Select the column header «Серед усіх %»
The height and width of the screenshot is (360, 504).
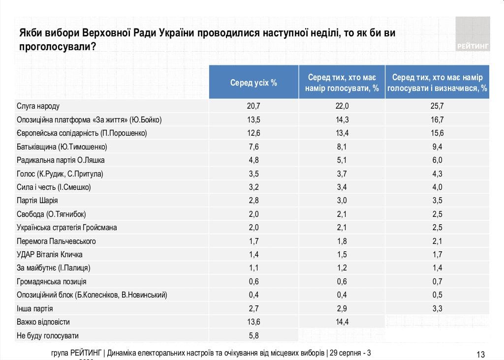point(253,83)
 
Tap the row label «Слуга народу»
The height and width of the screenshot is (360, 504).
point(38,106)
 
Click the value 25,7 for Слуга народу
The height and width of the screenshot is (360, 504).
point(437,106)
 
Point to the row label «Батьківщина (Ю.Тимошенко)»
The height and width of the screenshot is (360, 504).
point(62,147)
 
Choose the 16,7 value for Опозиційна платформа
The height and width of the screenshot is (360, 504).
point(437,120)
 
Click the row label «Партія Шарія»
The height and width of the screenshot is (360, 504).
point(37,201)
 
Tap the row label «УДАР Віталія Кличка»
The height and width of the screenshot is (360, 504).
point(50,254)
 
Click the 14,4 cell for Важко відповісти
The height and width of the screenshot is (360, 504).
point(342,322)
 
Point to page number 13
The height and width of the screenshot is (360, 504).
point(481,354)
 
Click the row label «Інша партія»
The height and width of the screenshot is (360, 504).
point(35,308)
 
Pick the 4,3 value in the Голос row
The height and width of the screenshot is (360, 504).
point(437,174)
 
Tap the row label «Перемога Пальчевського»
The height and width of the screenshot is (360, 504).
point(56,241)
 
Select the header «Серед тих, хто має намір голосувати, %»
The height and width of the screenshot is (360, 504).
point(342,83)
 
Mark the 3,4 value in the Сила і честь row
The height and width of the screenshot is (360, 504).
point(342,187)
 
